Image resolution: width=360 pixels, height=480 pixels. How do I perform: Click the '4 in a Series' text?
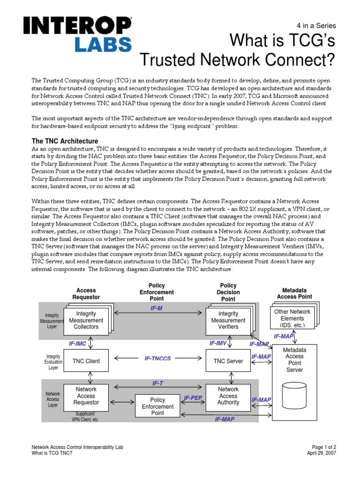click(x=317, y=26)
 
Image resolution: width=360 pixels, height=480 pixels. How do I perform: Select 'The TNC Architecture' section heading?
click(x=65, y=141)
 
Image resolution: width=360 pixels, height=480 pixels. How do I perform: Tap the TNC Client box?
click(x=86, y=361)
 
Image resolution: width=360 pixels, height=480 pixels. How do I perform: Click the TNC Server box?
click(x=228, y=361)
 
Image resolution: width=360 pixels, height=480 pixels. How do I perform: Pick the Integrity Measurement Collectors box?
click(x=86, y=320)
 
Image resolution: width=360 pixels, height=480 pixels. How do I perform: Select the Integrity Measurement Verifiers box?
click(x=228, y=320)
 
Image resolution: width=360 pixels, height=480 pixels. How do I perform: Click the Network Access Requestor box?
click(x=86, y=396)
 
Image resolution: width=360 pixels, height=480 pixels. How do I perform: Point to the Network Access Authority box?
click(x=228, y=396)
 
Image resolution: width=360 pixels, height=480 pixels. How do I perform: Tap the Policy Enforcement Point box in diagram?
click(x=157, y=406)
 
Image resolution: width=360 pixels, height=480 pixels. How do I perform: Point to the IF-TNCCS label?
click(x=157, y=359)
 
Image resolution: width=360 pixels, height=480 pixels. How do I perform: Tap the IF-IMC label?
click(x=78, y=344)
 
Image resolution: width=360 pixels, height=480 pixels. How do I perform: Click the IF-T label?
click(x=157, y=383)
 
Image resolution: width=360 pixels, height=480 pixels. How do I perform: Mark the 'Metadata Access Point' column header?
click(x=294, y=293)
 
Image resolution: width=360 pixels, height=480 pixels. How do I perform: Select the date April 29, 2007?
click(x=321, y=453)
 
